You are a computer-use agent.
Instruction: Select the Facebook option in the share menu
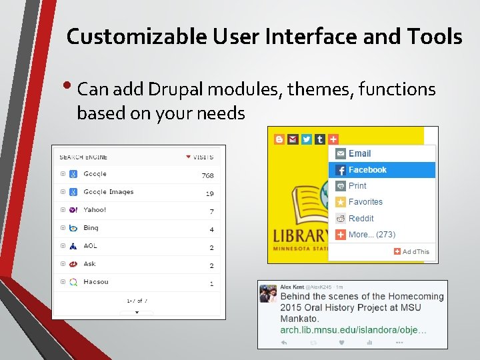click(367, 170)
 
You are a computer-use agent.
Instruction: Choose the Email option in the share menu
click(359, 153)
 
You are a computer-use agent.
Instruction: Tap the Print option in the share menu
click(357, 186)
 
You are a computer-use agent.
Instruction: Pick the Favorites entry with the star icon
click(365, 202)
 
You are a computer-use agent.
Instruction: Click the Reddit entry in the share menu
click(361, 219)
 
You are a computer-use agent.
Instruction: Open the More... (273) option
click(371, 235)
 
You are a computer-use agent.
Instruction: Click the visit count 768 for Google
click(207, 176)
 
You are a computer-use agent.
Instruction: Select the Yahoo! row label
click(95, 210)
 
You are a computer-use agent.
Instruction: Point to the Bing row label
click(91, 228)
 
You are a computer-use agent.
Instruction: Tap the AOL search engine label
click(90, 246)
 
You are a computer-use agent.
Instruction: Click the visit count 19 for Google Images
click(209, 194)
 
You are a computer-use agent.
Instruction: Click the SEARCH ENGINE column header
click(83, 157)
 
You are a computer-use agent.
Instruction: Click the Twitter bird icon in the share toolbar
click(306, 139)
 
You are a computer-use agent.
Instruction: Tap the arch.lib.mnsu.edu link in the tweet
click(353, 329)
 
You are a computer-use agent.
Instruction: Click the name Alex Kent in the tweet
click(292, 287)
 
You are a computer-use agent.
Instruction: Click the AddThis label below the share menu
click(415, 251)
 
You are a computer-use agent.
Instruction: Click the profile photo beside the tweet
click(268, 293)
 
